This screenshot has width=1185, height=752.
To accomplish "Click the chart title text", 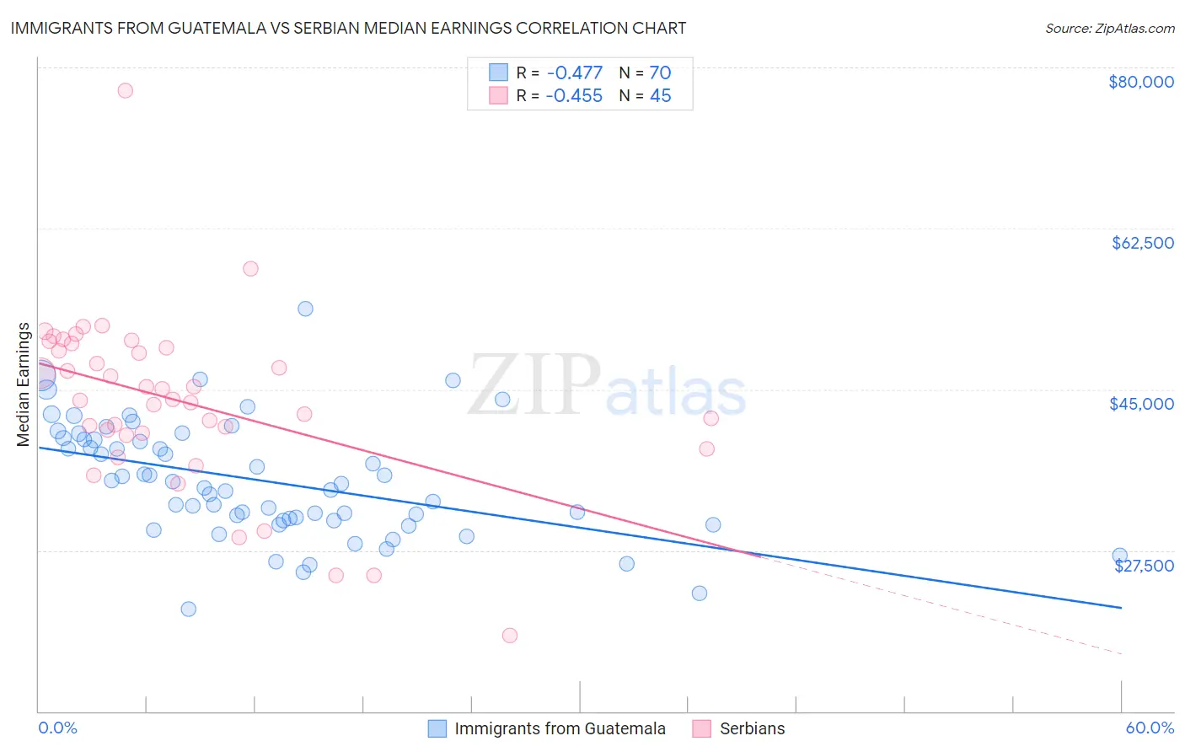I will [348, 28].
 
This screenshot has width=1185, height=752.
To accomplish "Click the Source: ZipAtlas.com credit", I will [1109, 29].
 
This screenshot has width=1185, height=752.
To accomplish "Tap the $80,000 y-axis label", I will [1140, 82].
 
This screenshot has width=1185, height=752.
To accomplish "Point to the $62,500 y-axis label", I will [1142, 243].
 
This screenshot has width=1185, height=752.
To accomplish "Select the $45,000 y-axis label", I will [1141, 404].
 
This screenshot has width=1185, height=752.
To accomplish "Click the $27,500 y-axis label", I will [1144, 566].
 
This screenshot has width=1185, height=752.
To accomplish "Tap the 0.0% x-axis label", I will [57, 728].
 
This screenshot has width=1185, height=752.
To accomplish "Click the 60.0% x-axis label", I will [1149, 728].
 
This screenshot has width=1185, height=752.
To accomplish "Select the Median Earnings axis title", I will [24, 384].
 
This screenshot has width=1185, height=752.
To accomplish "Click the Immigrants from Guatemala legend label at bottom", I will [560, 728].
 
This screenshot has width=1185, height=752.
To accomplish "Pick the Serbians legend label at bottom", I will [752, 728].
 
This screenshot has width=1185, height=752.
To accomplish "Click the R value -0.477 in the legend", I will [574, 73].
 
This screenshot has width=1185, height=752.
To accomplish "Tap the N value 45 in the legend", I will [660, 96].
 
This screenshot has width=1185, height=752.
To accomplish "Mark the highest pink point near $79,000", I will [125, 90].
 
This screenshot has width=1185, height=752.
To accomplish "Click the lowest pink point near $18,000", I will [509, 636].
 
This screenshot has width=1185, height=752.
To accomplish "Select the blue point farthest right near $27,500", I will [1119, 556].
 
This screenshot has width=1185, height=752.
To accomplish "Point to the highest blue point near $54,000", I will [305, 309].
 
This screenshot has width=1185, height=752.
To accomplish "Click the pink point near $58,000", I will [250, 269].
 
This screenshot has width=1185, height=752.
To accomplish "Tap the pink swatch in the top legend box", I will [498, 95].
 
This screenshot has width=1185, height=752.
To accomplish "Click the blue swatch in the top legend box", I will [498, 73].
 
